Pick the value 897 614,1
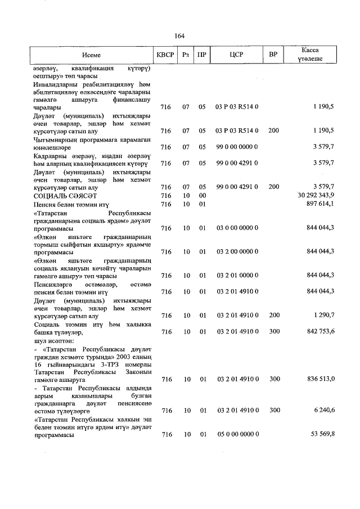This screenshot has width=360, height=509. [x=321, y=204]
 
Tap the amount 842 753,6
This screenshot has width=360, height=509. [x=321, y=332]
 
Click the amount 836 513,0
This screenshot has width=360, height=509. [x=321, y=380]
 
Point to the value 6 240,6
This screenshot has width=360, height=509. [x=325, y=411]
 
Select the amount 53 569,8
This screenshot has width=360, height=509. [x=323, y=435]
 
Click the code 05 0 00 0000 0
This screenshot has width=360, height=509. [x=237, y=435]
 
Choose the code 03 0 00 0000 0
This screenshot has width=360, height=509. [x=237, y=228]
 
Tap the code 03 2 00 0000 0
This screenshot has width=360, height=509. [x=237, y=251]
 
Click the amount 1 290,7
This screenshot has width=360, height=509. [x=325, y=316]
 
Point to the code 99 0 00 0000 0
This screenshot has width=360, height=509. [x=237, y=147]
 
